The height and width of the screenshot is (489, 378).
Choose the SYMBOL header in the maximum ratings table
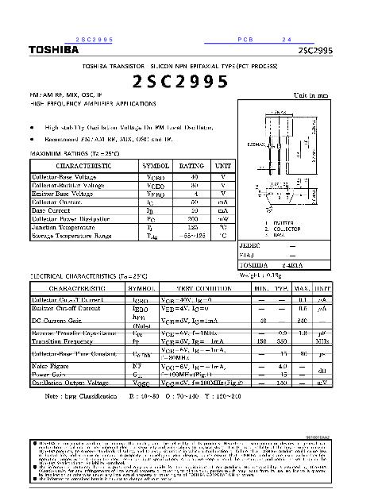point(155,166)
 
